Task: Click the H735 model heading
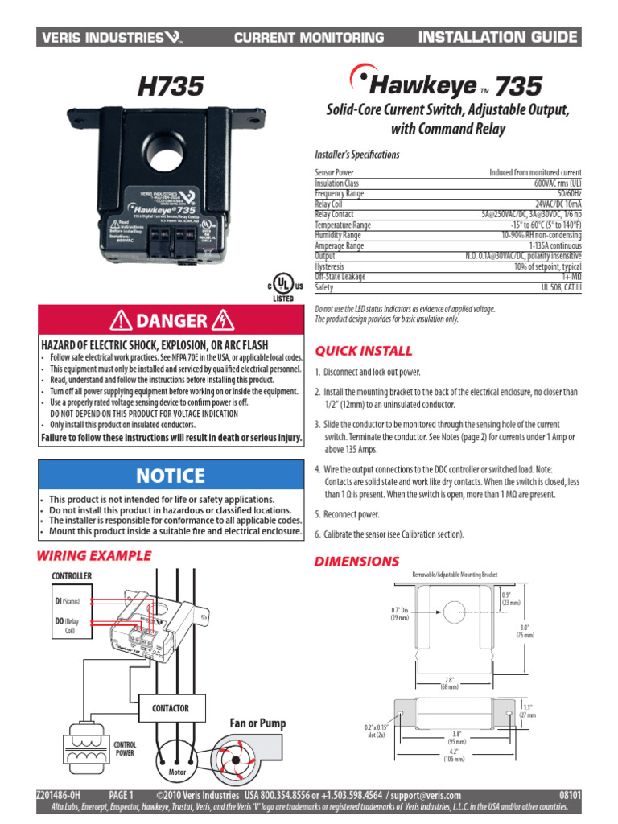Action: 171,86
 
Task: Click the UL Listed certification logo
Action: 281,286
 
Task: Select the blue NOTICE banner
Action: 171,476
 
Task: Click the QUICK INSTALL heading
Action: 363,351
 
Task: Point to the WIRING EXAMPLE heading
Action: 95,555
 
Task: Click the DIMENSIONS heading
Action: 356,561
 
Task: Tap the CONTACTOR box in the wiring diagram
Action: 171,708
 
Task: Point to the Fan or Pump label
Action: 258,724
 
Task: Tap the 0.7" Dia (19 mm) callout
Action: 400,613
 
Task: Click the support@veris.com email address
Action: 422,796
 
